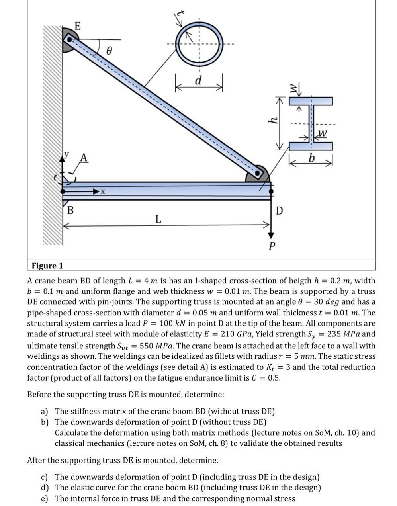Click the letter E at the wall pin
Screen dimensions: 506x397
pos(77,27)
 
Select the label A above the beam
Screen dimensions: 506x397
pos(83,158)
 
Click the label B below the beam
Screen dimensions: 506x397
pos(70,210)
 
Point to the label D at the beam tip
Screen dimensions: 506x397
pos(280,210)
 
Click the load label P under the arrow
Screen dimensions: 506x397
pos(272,246)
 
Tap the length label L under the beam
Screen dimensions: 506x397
pos(158,218)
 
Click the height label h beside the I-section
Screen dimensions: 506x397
pos(273,120)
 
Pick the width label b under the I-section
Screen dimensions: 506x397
pos(311,158)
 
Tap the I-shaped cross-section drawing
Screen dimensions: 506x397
pos(311,123)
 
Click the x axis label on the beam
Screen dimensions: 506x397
pos(103,192)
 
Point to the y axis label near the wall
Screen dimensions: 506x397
pos(66,154)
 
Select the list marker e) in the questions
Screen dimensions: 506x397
pos(45,498)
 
